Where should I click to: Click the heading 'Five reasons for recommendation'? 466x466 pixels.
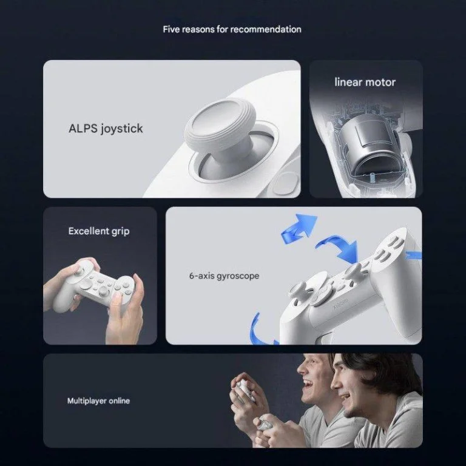pyautogui.click(x=232, y=29)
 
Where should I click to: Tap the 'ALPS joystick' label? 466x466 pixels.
pyautogui.click(x=106, y=129)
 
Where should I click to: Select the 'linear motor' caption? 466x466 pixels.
pyautogui.click(x=365, y=82)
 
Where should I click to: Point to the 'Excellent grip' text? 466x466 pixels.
pyautogui.click(x=99, y=231)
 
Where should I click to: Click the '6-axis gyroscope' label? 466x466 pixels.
pyautogui.click(x=224, y=276)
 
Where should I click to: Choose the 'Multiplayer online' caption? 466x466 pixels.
pyautogui.click(x=98, y=401)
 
